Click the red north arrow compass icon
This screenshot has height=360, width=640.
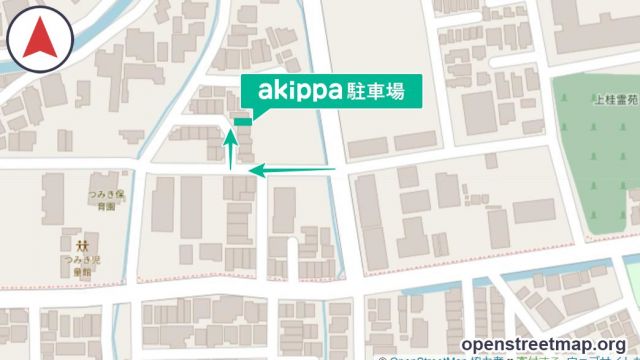39,39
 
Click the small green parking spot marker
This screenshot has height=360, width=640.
242,122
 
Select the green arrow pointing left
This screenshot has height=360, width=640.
290,172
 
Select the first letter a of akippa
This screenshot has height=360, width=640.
266,91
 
